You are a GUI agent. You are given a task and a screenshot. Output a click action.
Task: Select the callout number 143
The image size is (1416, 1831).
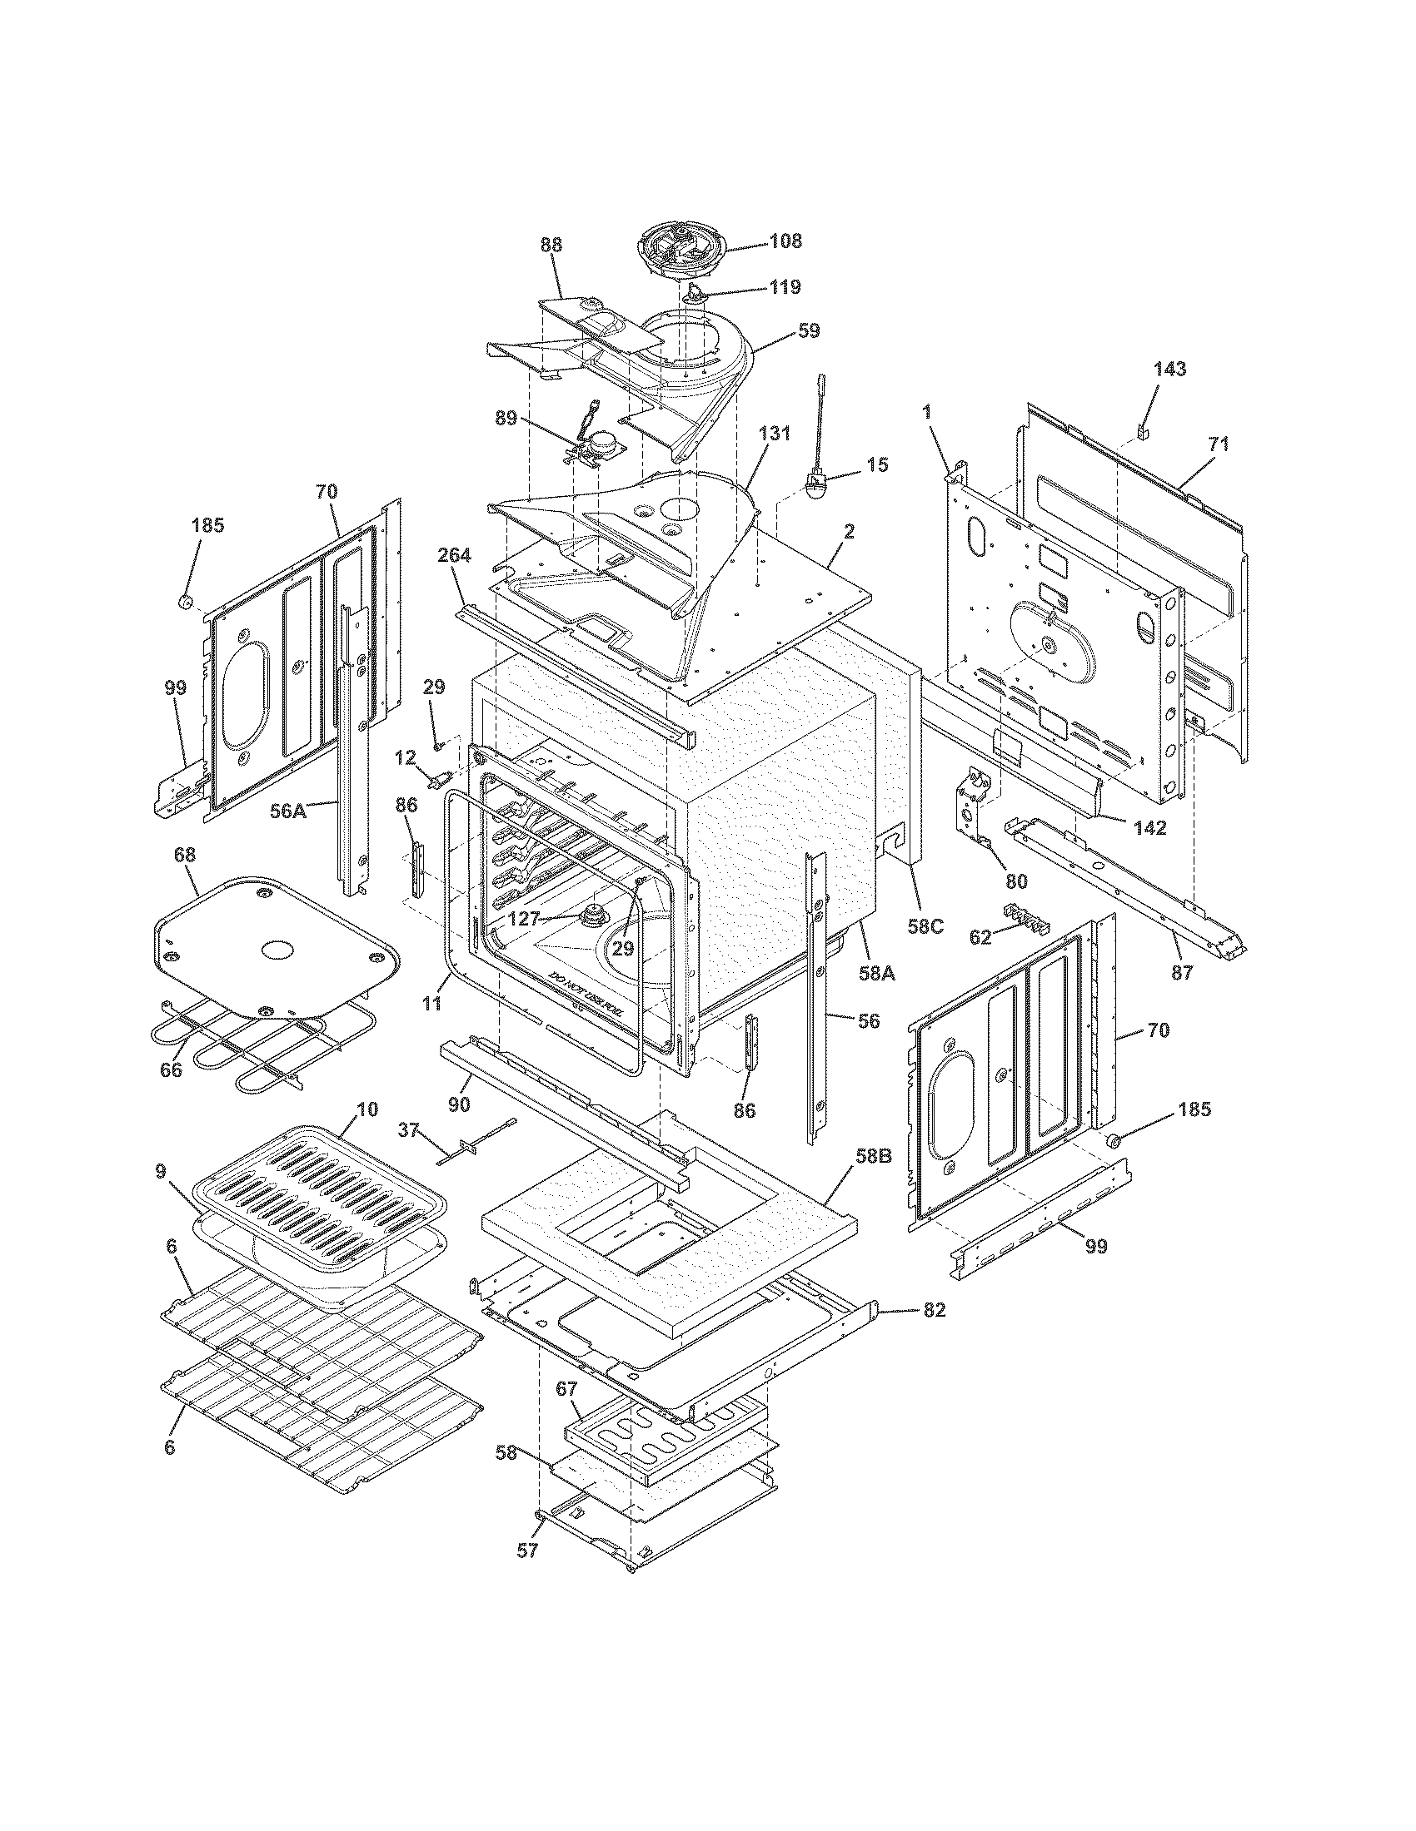point(1169,369)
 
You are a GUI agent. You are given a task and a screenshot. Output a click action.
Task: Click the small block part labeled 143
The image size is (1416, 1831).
point(1143,431)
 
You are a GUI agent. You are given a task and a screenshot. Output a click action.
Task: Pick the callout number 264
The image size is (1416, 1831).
point(454,556)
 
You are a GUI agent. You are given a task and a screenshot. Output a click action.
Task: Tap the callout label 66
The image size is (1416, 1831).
point(171,1070)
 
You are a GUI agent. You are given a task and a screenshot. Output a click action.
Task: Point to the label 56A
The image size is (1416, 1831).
point(287,811)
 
